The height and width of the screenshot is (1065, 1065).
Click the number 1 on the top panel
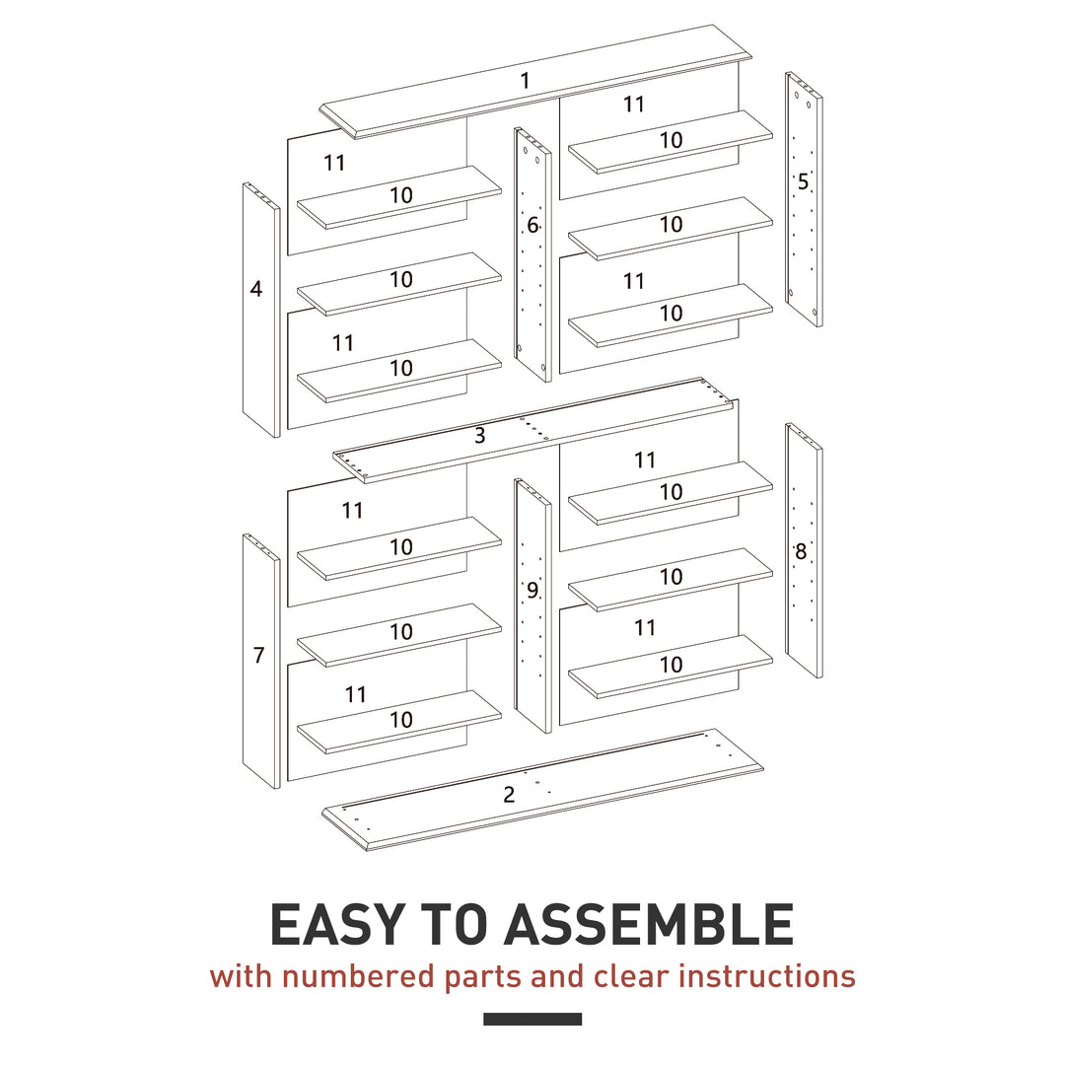[525, 81]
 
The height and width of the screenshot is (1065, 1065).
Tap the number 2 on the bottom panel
[509, 795]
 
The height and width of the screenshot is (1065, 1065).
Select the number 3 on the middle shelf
[479, 436]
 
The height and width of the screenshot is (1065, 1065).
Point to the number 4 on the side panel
[256, 290]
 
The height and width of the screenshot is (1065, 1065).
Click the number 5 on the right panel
[803, 181]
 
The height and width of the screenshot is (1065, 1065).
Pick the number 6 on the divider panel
[532, 226]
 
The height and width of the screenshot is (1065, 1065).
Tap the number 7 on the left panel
[258, 655]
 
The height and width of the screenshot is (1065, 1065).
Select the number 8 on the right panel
[801, 552]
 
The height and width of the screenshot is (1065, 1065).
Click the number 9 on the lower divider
[532, 591]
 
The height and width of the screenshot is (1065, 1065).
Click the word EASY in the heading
[335, 925]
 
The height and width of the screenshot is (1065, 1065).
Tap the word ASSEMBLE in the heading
[649, 925]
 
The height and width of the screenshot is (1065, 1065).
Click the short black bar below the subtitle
[532, 1019]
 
